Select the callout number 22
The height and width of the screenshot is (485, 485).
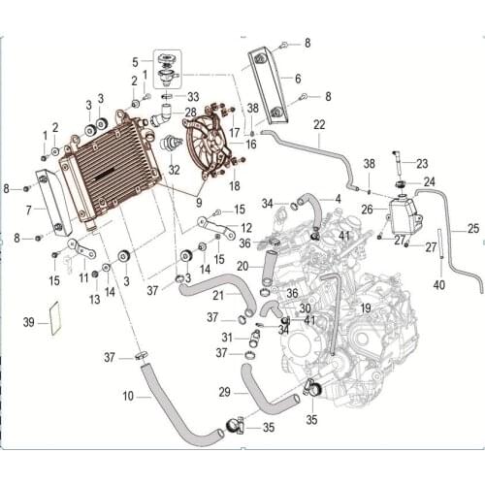[x=319, y=125]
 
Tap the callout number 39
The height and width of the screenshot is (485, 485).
[x=29, y=322]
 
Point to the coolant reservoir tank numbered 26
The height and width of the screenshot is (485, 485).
[x=405, y=216]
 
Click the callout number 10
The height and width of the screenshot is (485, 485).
[x=128, y=396]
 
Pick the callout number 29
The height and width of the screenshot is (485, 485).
[x=225, y=393]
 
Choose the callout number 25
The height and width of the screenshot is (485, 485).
[x=473, y=229]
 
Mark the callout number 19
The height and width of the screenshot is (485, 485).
[x=366, y=308]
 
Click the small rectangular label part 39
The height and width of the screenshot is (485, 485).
[x=55, y=318]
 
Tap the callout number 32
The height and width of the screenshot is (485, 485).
[x=174, y=170]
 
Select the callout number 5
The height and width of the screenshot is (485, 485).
[x=135, y=62]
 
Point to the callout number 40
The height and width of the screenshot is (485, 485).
[x=439, y=285]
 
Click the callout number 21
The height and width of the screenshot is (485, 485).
[x=218, y=295]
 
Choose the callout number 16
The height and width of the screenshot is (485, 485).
[x=251, y=145]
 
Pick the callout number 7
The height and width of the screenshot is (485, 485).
[x=29, y=210]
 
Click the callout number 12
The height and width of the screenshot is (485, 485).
[x=246, y=228]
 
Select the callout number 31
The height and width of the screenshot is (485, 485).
[x=227, y=338]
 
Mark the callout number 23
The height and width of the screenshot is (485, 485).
[x=422, y=164]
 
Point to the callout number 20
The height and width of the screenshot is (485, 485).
[x=242, y=267]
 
